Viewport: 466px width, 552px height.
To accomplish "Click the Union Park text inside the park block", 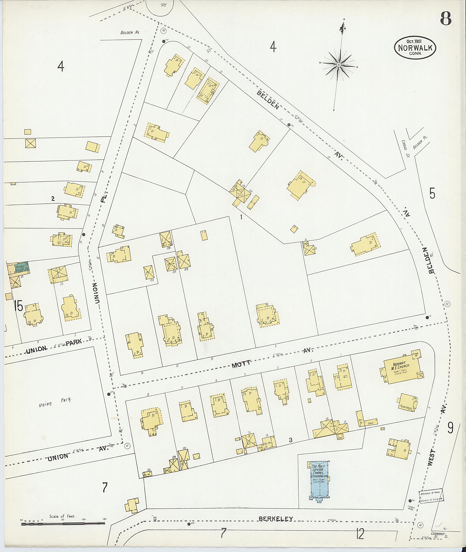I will coord(55,403).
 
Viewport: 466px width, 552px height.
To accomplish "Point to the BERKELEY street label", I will coord(276,519).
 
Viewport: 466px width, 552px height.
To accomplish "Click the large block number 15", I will coord(18,306).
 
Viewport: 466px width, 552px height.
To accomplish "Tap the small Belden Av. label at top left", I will coord(130,33).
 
